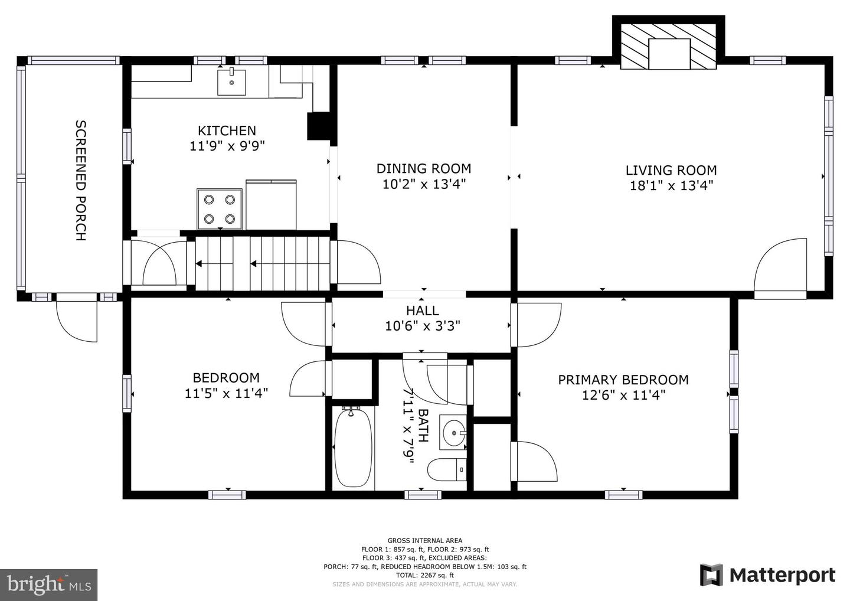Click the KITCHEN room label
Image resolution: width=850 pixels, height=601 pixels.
(x=227, y=130)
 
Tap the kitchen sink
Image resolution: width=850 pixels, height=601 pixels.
(x=232, y=82)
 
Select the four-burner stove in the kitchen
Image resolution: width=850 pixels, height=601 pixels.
(x=220, y=209)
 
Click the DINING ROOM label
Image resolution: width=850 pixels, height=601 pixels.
(x=424, y=169)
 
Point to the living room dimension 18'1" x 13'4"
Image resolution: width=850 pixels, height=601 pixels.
(x=671, y=185)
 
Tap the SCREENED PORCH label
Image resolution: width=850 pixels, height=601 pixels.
(x=81, y=180)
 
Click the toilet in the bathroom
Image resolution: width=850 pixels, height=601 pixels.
(x=447, y=470)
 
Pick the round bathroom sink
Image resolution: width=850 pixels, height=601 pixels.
(x=454, y=434)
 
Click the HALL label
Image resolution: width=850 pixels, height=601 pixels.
(x=422, y=311)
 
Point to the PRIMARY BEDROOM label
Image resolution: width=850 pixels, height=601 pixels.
(x=623, y=380)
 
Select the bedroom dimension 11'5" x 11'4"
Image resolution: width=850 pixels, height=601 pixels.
(x=226, y=393)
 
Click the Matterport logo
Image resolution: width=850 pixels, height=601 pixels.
(x=767, y=575)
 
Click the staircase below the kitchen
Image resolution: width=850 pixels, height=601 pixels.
(x=262, y=263)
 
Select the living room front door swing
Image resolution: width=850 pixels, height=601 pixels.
(x=781, y=269)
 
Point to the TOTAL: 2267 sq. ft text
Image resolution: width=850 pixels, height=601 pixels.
(x=424, y=575)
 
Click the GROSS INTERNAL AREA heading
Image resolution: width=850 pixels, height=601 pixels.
(x=424, y=540)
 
